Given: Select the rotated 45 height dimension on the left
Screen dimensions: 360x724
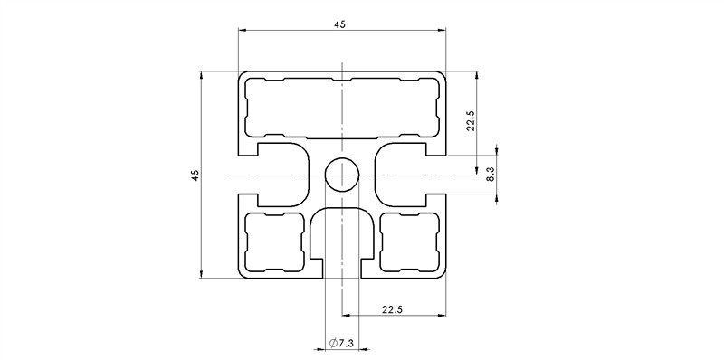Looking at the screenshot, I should pyautogui.click(x=194, y=174).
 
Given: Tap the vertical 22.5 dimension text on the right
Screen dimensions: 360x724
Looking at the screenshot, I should pyautogui.click(x=470, y=120).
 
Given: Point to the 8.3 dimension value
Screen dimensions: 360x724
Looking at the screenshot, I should pyautogui.click(x=490, y=174).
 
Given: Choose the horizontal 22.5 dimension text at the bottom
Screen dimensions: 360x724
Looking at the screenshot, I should pyautogui.click(x=394, y=309).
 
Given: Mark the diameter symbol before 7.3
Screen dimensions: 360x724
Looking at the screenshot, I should pyautogui.click(x=333, y=343).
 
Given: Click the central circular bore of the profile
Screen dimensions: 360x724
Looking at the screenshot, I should pyautogui.click(x=342, y=174).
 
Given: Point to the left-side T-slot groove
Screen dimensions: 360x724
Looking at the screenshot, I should pyautogui.click(x=281, y=174).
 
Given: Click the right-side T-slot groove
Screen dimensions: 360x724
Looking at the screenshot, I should pyautogui.click(x=404, y=174).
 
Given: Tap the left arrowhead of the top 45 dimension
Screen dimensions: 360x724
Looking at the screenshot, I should pyautogui.click(x=243, y=32).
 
